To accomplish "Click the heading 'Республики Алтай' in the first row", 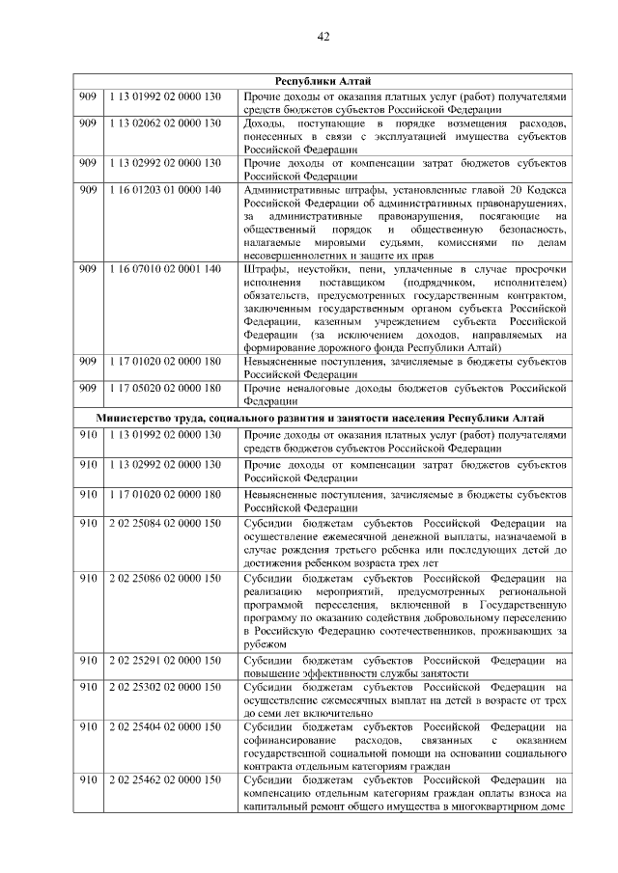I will [323, 80].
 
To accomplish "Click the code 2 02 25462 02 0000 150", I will [165, 778].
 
